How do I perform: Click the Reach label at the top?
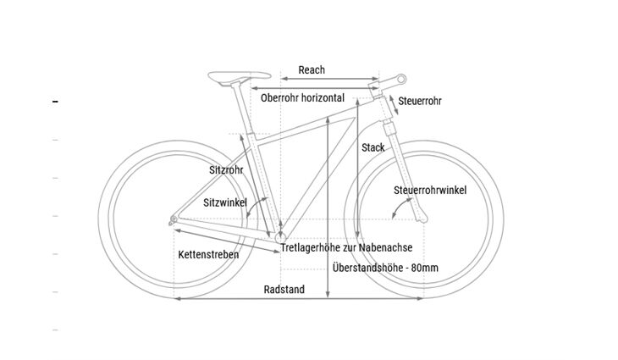(x=312, y=70)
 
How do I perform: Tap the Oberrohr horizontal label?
(x=302, y=98)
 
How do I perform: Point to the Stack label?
(x=373, y=147)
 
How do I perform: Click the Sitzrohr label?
(x=226, y=170)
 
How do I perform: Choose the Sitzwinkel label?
(x=225, y=203)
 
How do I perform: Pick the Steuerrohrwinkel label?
(x=430, y=190)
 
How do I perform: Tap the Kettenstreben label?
(x=208, y=254)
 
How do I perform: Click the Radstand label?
(x=284, y=290)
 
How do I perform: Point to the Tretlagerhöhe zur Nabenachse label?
(x=346, y=247)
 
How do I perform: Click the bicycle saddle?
(x=227, y=76)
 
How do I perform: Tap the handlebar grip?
(x=396, y=79)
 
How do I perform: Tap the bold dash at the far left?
(x=56, y=102)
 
